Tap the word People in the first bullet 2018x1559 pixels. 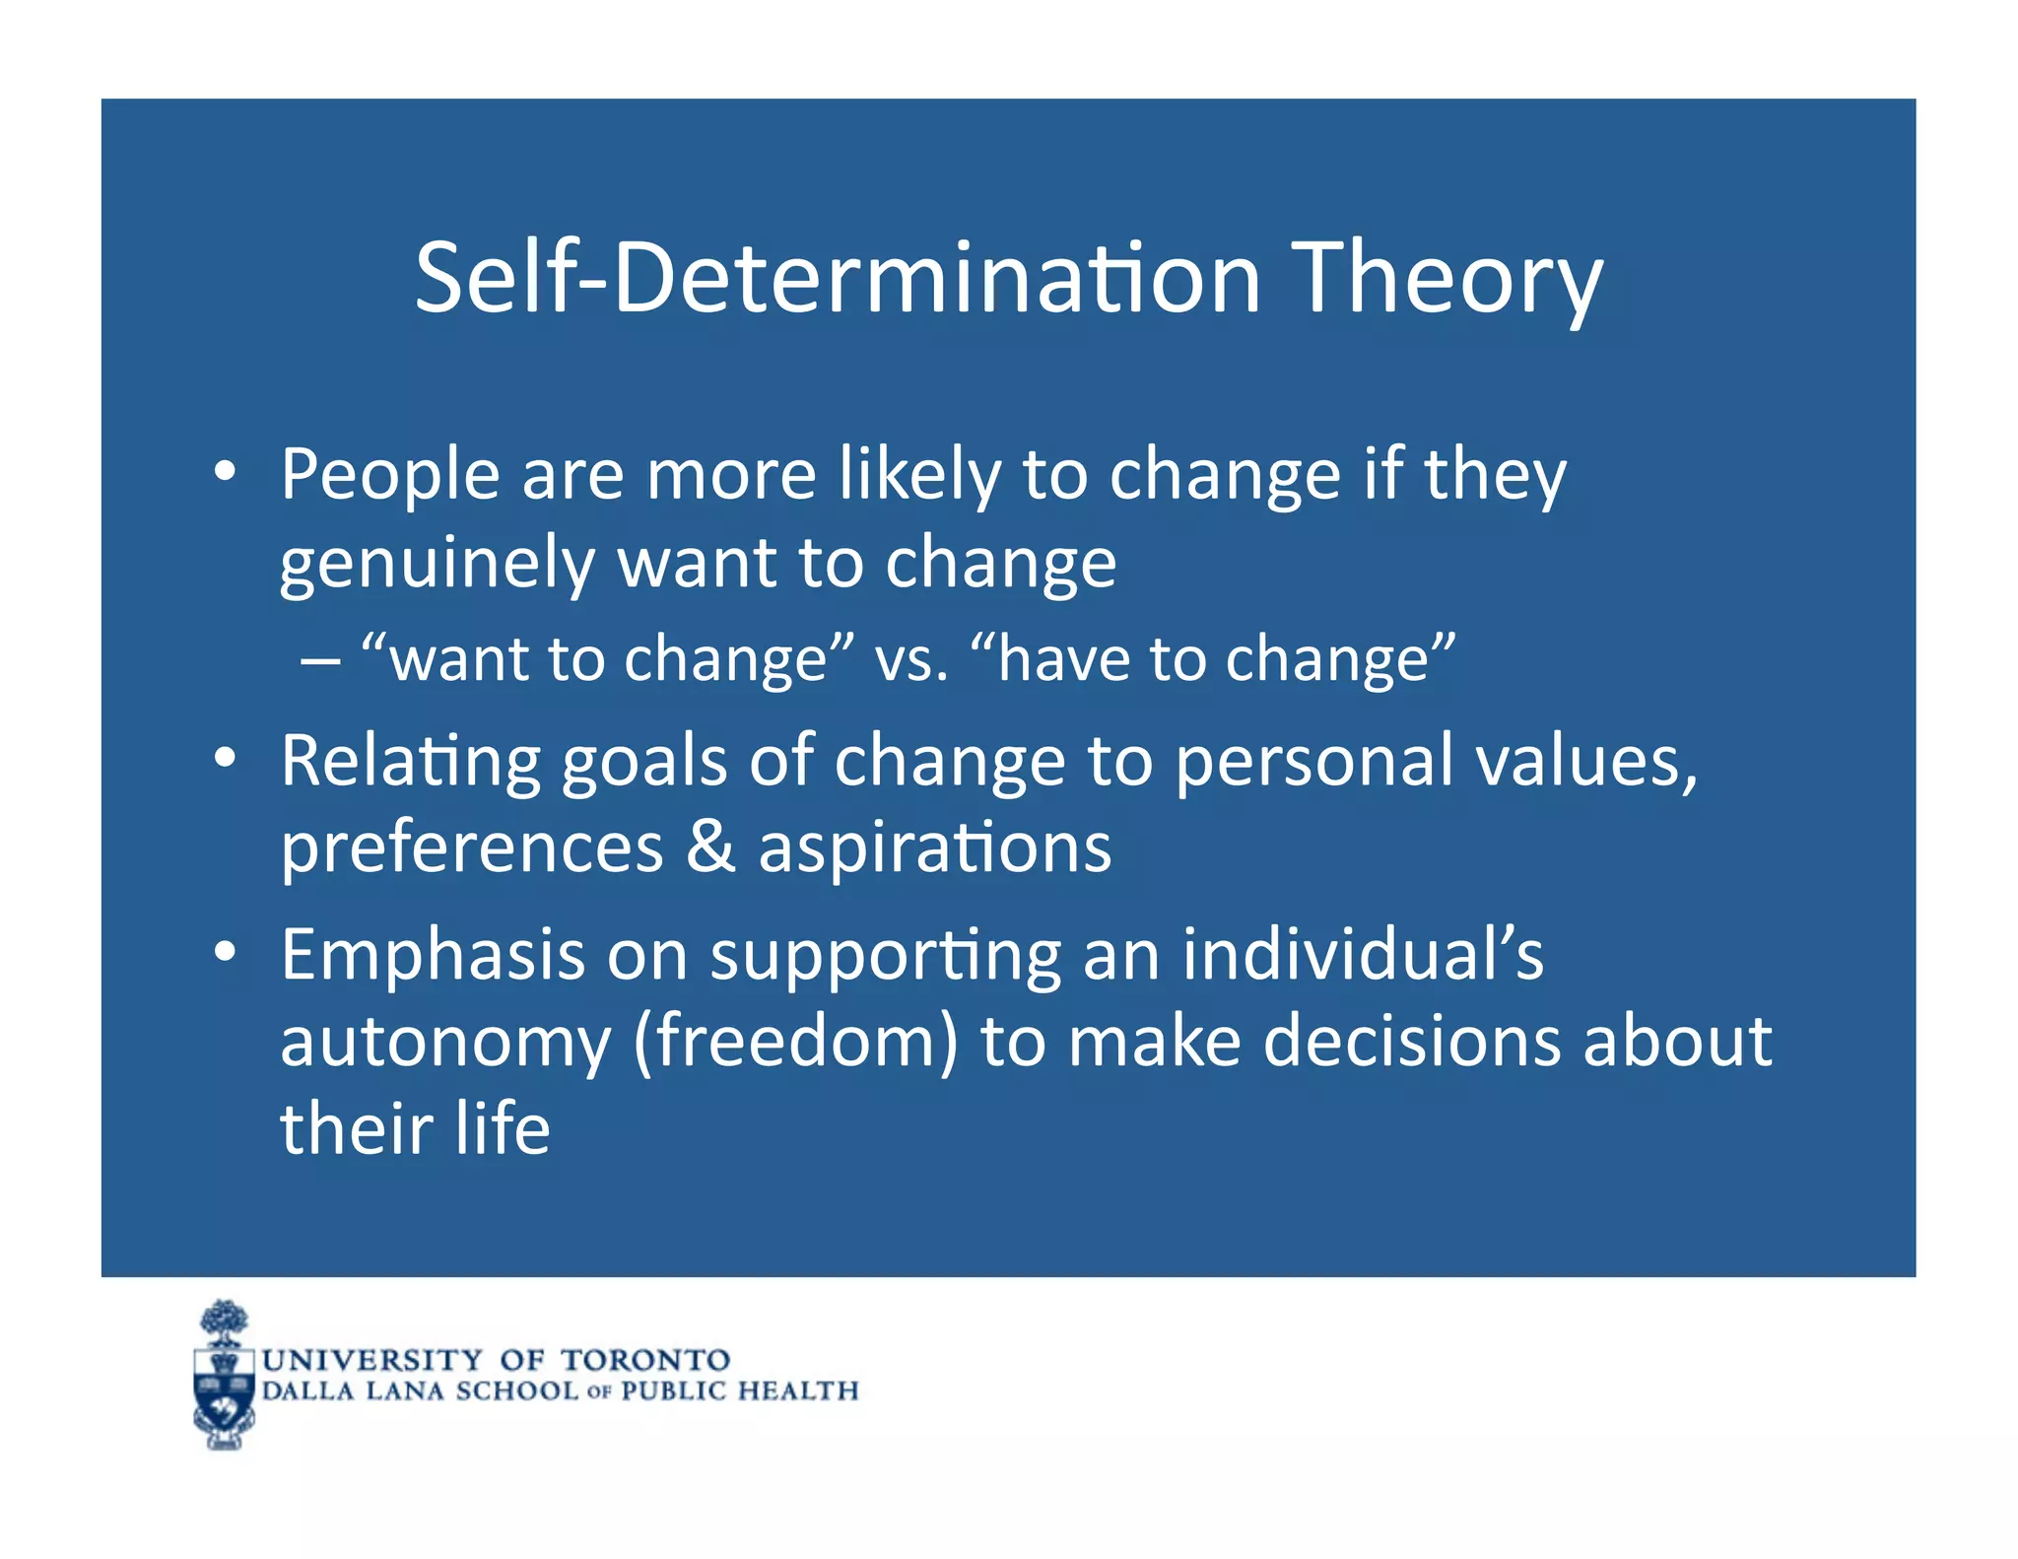tap(390, 475)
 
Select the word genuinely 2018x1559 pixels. tap(437, 565)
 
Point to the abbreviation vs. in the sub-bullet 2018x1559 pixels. tap(911, 659)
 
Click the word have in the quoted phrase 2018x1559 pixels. tap(1064, 659)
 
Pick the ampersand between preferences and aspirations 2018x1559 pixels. tap(710, 847)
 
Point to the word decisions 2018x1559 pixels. tap(1412, 1042)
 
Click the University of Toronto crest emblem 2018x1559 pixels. tap(225, 1375)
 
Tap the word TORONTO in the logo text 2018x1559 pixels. tap(645, 1360)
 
